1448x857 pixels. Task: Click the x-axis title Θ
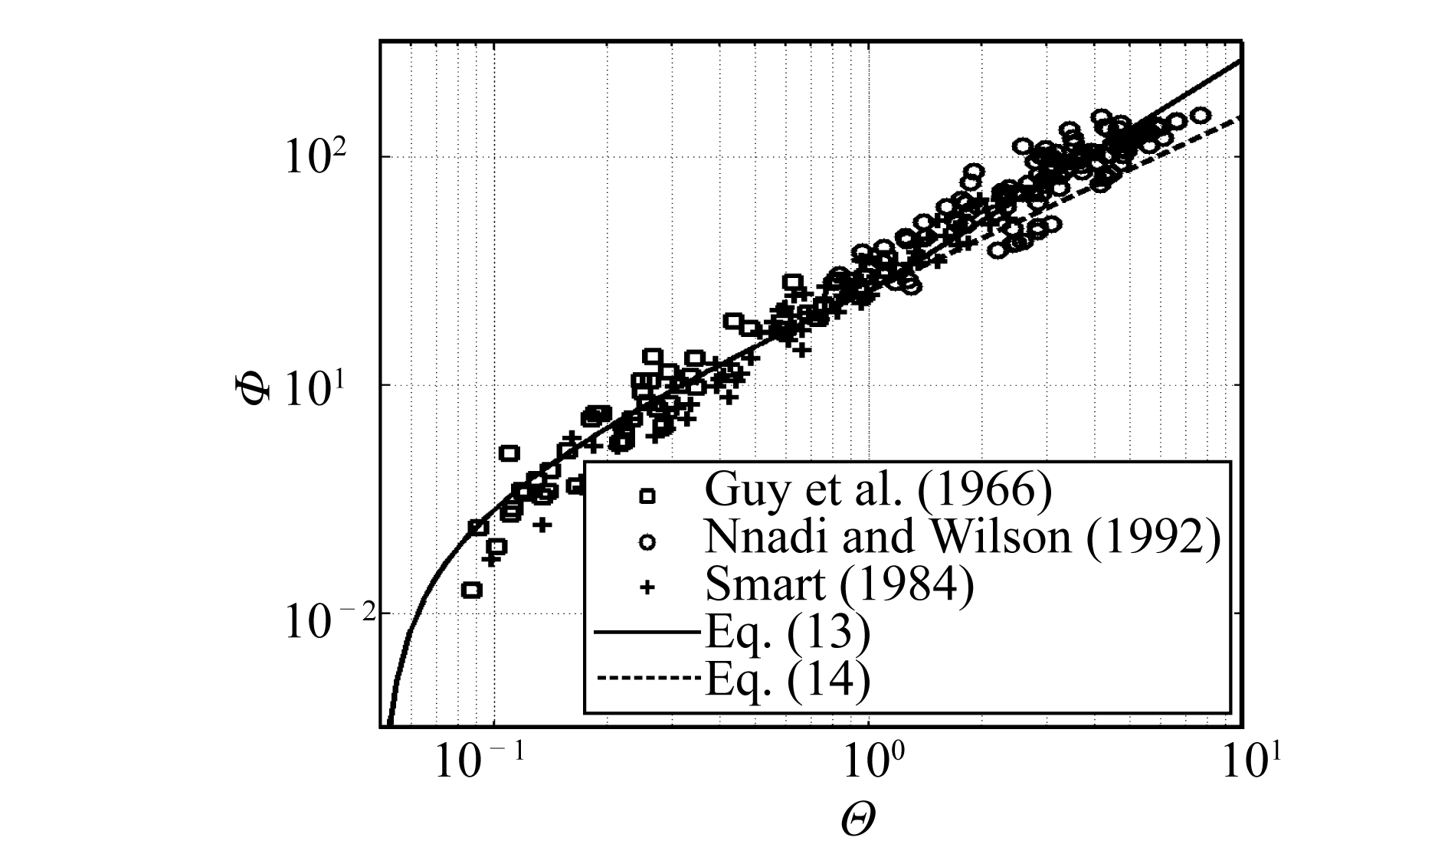[x=858, y=820]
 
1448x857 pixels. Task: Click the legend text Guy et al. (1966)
[x=878, y=490]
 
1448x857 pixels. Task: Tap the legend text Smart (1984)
[x=840, y=586]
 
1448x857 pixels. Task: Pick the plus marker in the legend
[x=648, y=588]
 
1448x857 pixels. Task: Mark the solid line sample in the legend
[x=648, y=633]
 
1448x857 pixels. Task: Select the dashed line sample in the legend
[x=648, y=679]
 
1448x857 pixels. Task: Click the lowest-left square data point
[x=472, y=590]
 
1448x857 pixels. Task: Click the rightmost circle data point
[x=1202, y=115]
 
